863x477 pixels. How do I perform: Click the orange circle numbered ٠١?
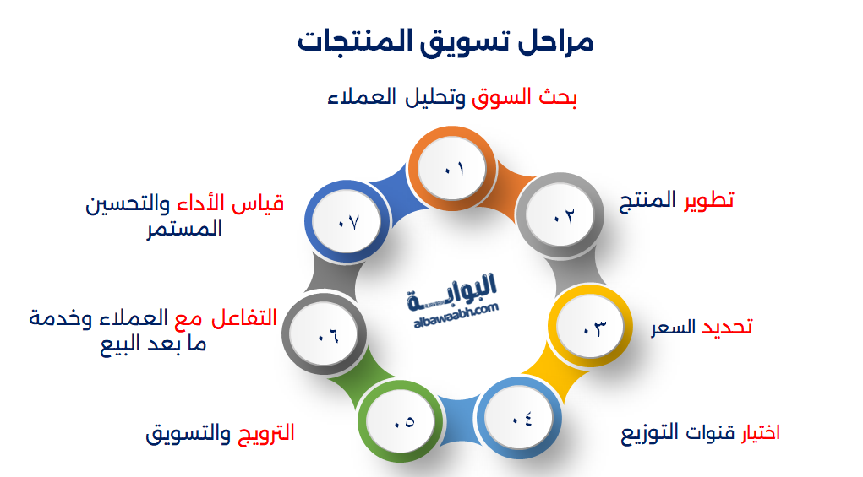(452, 169)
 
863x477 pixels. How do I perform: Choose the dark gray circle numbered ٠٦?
(325, 335)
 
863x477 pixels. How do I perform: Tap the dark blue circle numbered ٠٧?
(348, 222)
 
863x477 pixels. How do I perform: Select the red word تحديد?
(728, 328)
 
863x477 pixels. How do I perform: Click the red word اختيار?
(761, 434)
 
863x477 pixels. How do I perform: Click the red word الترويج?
(264, 434)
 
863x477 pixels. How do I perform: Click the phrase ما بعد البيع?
(153, 344)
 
